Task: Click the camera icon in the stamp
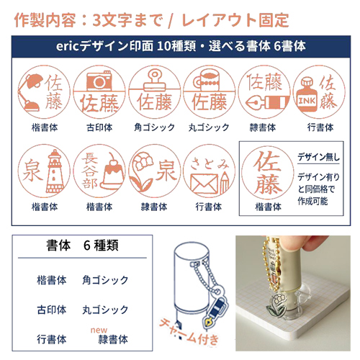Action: [99, 80]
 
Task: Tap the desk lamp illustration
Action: [30, 92]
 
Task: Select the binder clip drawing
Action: [154, 80]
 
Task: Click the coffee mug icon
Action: [207, 80]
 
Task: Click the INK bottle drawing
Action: [307, 95]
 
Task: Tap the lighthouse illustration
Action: [55, 171]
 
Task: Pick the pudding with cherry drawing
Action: [112, 171]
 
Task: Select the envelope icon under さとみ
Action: [204, 184]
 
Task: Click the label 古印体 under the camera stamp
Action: [99, 127]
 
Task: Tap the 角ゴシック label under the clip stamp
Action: [154, 127]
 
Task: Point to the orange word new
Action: [99, 330]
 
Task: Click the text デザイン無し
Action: [318, 157]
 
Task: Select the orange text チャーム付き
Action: [189, 333]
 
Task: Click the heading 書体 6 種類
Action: [82, 246]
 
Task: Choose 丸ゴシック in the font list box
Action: [105, 310]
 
